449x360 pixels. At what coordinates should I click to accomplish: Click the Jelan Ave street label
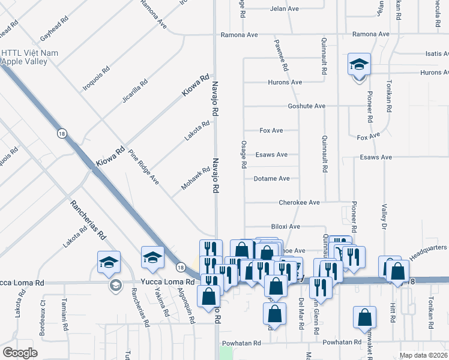click(284, 9)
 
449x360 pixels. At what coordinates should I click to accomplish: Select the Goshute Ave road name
click(306, 106)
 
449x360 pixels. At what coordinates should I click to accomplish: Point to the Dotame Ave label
click(271, 179)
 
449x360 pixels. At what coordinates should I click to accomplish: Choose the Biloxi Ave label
click(285, 227)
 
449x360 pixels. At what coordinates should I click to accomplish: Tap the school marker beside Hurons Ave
click(360, 65)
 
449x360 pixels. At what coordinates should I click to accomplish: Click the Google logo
click(20, 352)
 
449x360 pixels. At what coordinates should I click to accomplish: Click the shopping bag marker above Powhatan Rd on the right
click(364, 319)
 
